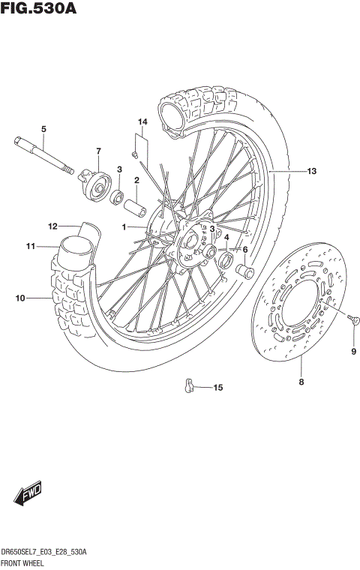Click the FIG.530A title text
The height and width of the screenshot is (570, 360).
pyautogui.click(x=38, y=9)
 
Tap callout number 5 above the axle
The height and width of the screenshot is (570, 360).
pyautogui.click(x=43, y=129)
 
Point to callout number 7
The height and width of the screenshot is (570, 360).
pyautogui.click(x=97, y=151)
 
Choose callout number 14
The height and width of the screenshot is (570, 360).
pyautogui.click(x=142, y=121)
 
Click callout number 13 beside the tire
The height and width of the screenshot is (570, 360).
pyautogui.click(x=311, y=172)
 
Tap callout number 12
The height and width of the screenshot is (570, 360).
pyautogui.click(x=52, y=226)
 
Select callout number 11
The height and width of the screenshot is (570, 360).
pyautogui.click(x=31, y=246)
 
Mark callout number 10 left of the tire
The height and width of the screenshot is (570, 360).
pyautogui.click(x=19, y=298)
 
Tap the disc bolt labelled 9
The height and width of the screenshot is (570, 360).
pyautogui.click(x=354, y=320)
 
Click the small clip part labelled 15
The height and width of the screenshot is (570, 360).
pyautogui.click(x=189, y=385)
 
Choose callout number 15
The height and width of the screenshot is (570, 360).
pyautogui.click(x=217, y=388)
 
